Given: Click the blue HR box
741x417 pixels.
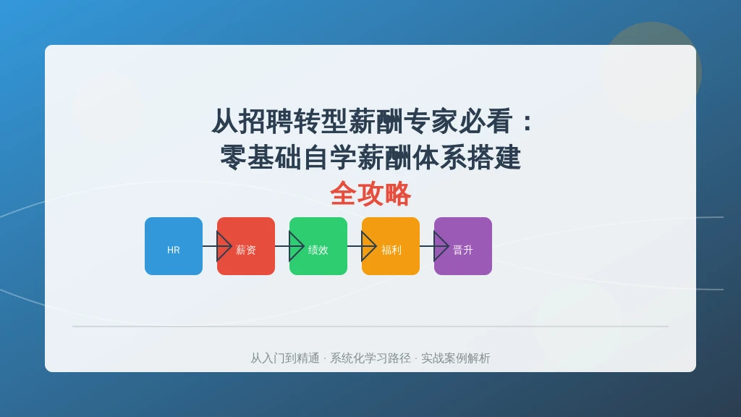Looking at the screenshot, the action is [x=174, y=246].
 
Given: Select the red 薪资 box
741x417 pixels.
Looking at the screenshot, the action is [x=246, y=246].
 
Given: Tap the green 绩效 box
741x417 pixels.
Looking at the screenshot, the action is [x=318, y=246].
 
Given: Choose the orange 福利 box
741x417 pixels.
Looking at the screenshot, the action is [x=390, y=246].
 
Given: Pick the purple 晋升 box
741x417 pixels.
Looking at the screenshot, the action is [x=462, y=246].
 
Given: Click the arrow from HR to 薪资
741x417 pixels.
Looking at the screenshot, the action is [x=217, y=246].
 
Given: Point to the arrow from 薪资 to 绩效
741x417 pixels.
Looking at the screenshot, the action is [x=289, y=246].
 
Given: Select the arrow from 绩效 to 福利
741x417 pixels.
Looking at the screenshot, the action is [x=362, y=246].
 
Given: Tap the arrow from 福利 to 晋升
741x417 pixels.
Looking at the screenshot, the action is [x=434, y=246].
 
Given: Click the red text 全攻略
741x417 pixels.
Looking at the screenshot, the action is [x=370, y=193].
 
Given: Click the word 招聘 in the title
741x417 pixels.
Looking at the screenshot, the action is [x=266, y=122].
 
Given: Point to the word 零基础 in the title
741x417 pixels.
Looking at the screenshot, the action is [x=261, y=157].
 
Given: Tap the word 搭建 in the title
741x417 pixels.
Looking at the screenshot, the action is [x=494, y=157].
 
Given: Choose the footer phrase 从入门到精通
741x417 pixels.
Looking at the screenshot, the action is [x=285, y=358].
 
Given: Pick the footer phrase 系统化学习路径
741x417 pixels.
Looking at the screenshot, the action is [x=370, y=358].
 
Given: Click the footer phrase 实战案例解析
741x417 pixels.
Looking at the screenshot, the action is [x=456, y=358].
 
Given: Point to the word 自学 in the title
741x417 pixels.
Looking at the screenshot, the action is [x=329, y=157].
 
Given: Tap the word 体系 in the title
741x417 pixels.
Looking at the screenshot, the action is [x=439, y=157].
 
